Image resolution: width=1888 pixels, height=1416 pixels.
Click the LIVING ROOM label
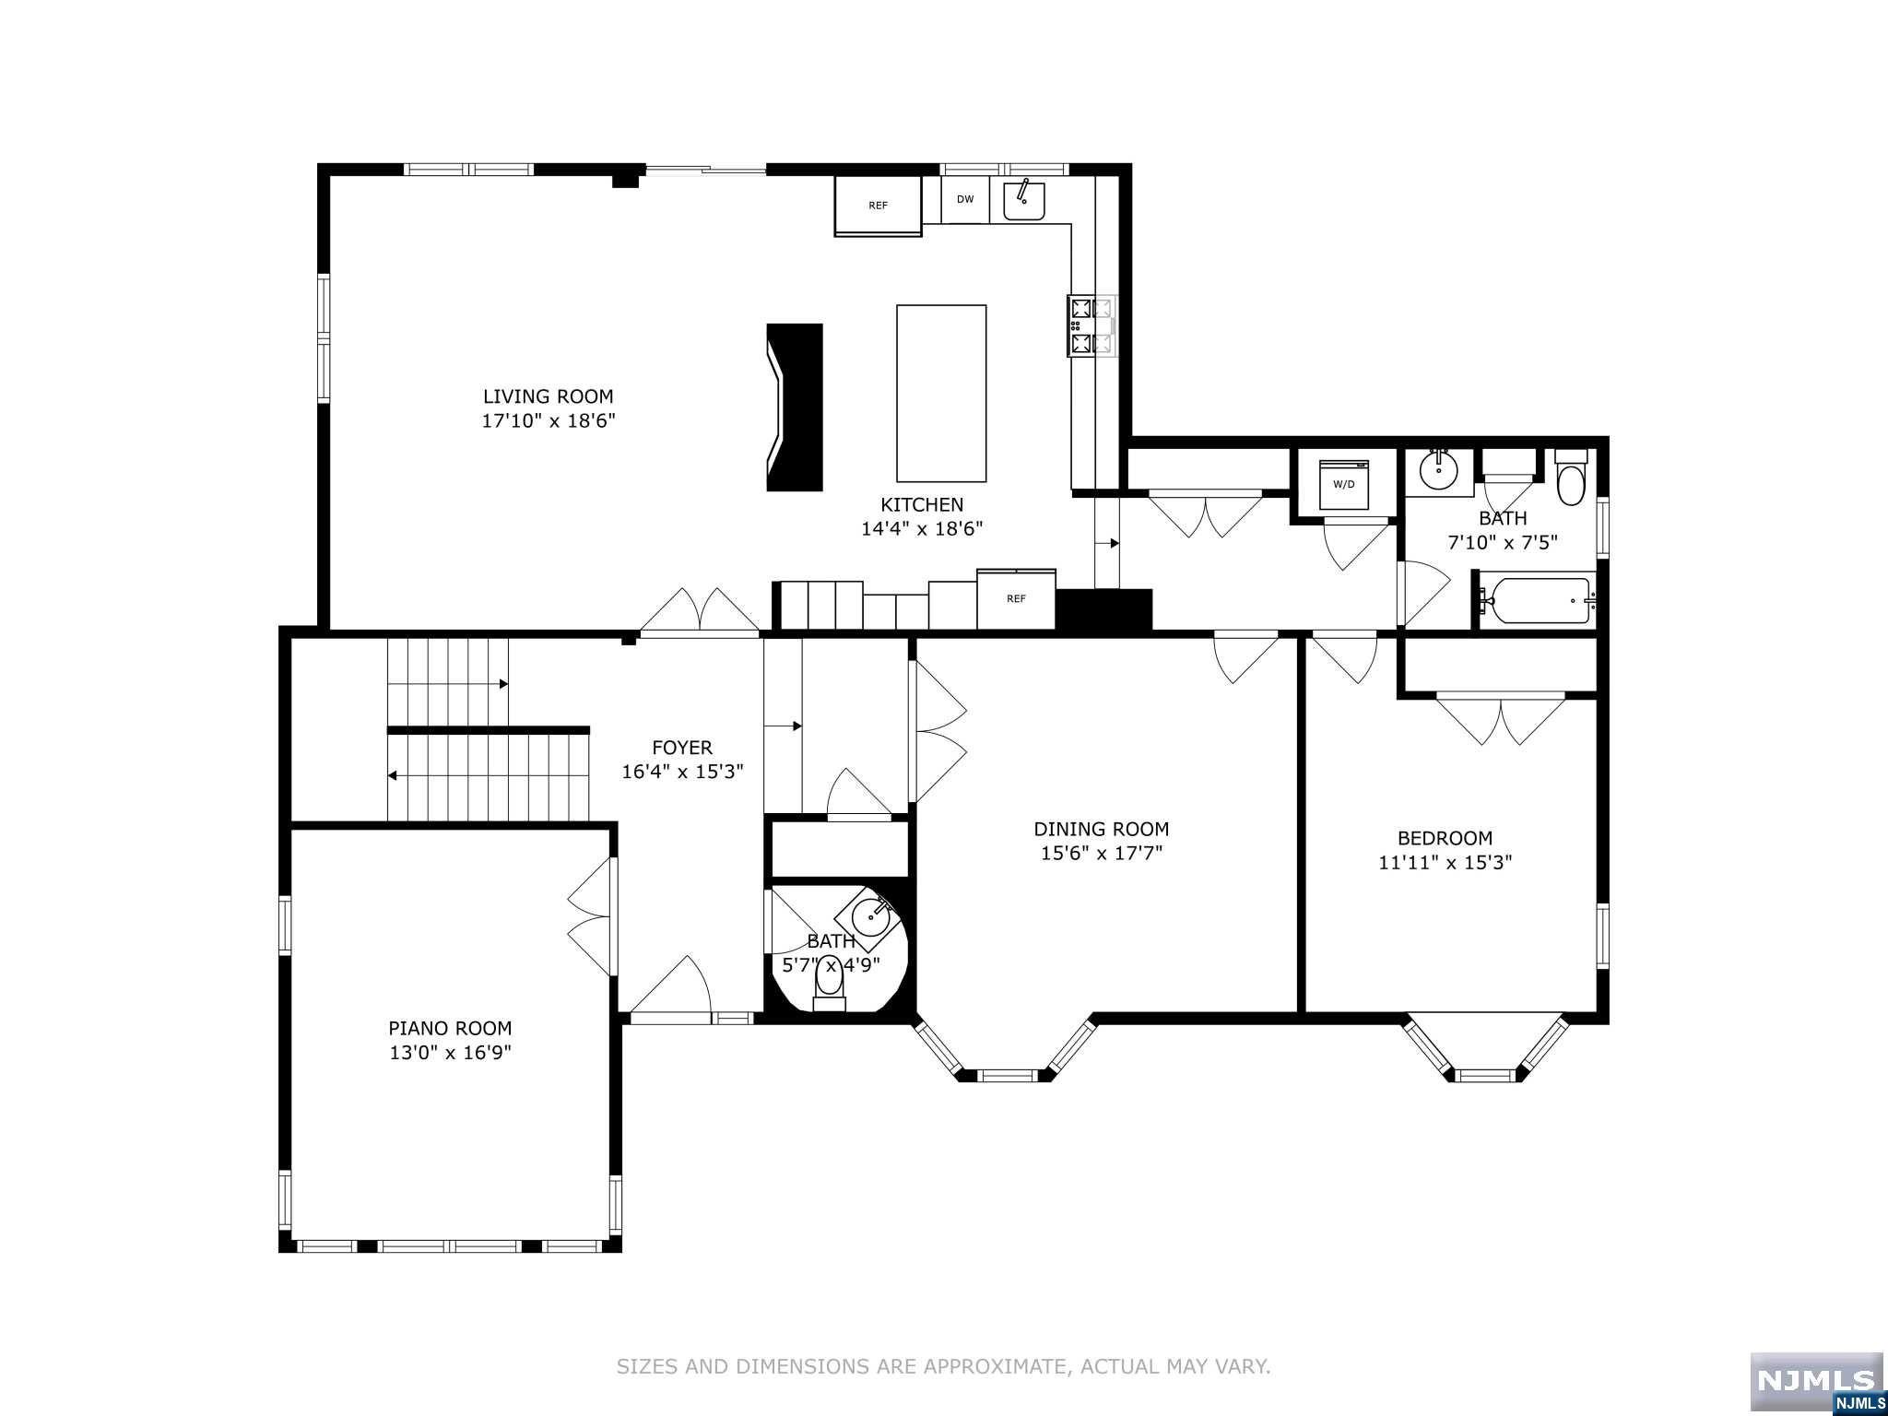click(548, 396)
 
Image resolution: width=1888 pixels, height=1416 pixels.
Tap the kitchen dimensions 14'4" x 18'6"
click(922, 529)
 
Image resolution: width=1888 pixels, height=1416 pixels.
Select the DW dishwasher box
click(964, 199)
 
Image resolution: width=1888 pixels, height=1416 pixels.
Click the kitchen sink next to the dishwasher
click(1023, 200)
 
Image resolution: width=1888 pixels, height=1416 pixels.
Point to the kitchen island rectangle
click(941, 393)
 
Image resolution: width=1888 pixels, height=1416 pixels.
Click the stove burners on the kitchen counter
click(1091, 325)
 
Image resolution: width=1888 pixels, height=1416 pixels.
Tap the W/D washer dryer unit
click(1344, 484)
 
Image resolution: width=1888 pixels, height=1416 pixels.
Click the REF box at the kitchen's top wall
click(878, 206)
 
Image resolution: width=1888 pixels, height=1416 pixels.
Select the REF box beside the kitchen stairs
click(1016, 599)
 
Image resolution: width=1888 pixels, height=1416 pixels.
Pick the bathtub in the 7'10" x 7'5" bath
click(1535, 601)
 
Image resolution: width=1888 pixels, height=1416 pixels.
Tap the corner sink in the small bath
click(869, 916)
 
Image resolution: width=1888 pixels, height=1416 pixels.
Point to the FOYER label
click(682, 748)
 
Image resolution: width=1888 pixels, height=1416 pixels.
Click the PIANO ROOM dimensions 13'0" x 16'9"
click(450, 1053)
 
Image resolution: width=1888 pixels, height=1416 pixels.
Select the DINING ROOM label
click(1101, 829)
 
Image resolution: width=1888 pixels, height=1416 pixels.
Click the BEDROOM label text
click(1445, 838)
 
